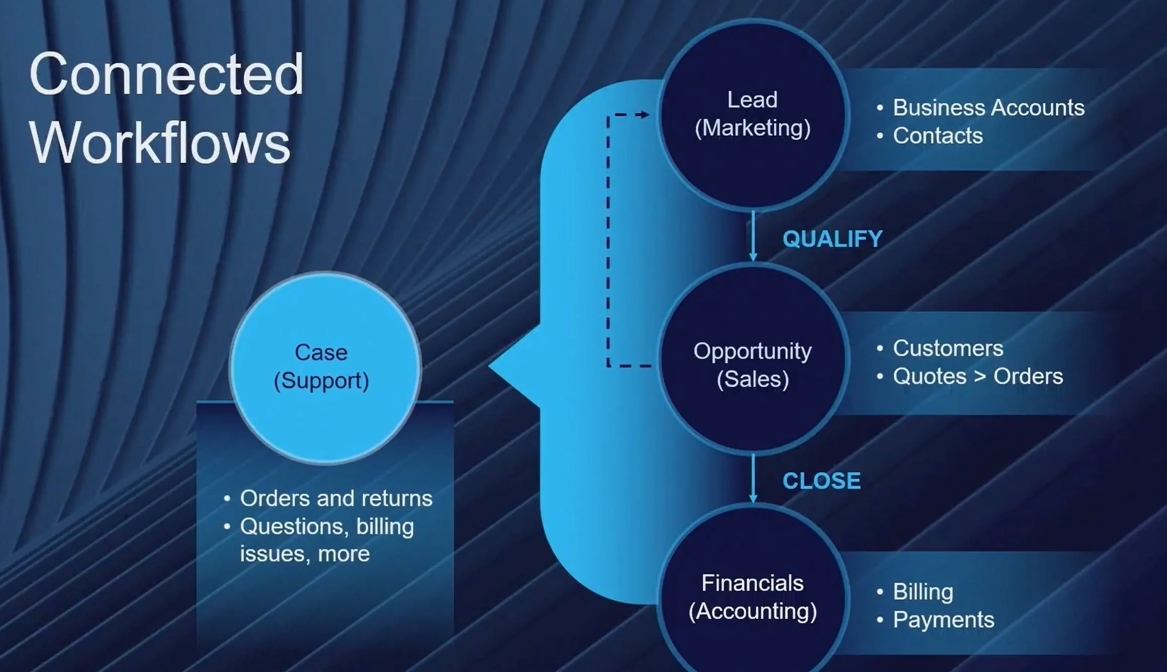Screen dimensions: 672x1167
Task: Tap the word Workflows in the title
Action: (x=160, y=143)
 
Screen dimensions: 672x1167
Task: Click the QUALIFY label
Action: (x=832, y=239)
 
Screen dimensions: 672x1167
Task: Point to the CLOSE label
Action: (x=821, y=481)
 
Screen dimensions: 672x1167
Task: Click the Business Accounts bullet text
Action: (x=988, y=107)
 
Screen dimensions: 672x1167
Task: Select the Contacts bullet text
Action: (x=938, y=135)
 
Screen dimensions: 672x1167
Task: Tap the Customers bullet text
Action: (x=948, y=348)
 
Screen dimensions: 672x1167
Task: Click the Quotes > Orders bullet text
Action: (x=978, y=376)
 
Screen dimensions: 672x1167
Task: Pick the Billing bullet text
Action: (x=923, y=591)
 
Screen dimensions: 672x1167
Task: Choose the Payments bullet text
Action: (x=943, y=620)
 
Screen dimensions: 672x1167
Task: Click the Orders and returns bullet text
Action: (x=336, y=498)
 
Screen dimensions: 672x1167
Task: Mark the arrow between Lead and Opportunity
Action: (x=753, y=236)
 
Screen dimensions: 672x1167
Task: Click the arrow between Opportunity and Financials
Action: (x=753, y=478)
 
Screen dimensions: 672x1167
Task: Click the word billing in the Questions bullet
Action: (x=384, y=527)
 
